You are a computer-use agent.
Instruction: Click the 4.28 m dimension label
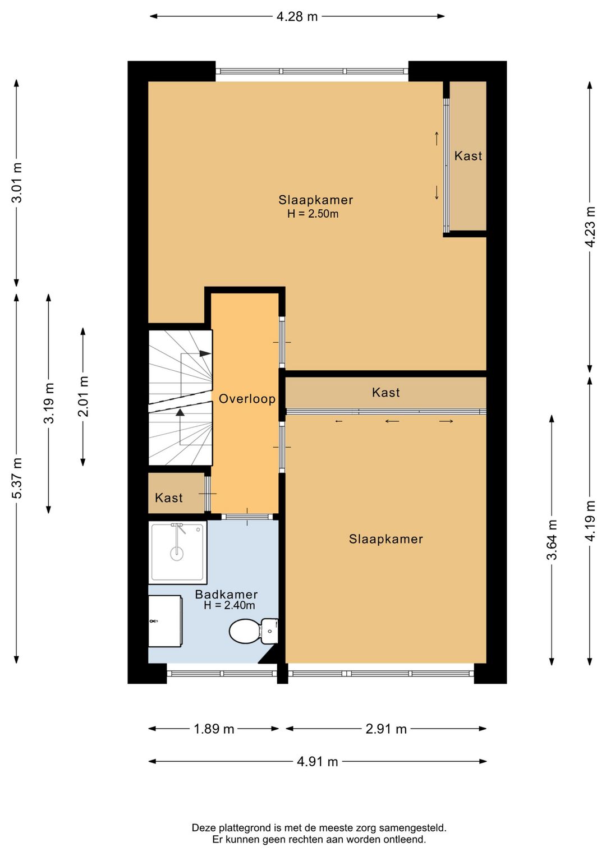point(297,16)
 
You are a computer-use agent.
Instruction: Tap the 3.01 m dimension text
point(17,182)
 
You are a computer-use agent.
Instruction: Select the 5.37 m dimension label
point(17,478)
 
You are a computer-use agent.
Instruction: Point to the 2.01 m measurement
point(83,396)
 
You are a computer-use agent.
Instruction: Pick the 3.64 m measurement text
point(552,540)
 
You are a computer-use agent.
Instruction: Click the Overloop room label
point(247,399)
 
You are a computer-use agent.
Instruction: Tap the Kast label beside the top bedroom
point(468,156)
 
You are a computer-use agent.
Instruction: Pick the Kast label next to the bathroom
point(168,498)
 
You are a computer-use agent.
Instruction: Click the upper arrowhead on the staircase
point(205,353)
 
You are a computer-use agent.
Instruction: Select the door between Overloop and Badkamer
point(247,517)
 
